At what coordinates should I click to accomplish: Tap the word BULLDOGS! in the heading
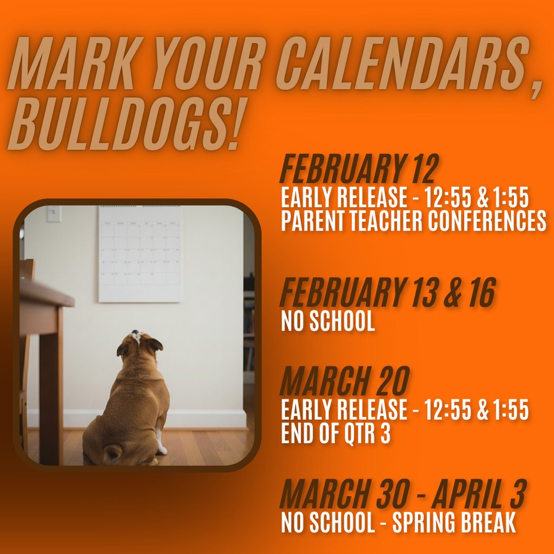tap(122, 126)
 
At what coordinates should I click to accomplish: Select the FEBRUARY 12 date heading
tap(358, 169)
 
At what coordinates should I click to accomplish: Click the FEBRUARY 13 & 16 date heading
tap(387, 293)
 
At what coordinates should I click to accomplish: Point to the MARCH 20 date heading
tap(345, 381)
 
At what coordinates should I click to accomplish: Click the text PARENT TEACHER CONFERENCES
tap(413, 221)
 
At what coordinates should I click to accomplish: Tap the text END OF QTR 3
tap(335, 434)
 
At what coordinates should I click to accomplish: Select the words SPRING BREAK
tap(454, 523)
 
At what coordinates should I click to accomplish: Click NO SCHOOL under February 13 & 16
tap(328, 321)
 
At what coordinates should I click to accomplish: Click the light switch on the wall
tap(54, 214)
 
